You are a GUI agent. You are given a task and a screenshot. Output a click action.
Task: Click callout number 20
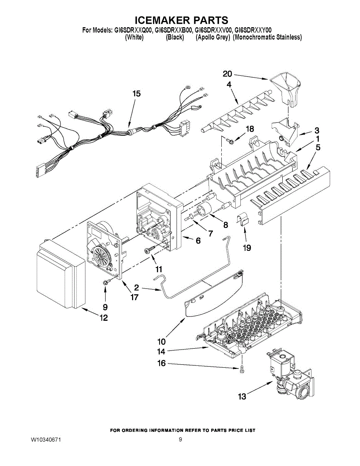tap(227, 74)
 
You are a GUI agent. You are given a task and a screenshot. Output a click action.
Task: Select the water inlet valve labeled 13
tap(289, 375)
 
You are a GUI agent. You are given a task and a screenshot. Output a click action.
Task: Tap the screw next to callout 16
tap(242, 369)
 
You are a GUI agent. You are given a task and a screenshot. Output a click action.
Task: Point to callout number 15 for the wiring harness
tap(136, 94)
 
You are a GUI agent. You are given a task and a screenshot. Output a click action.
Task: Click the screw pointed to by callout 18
tap(230, 140)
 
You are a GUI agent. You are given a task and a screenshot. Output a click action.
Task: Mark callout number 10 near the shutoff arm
tap(161, 342)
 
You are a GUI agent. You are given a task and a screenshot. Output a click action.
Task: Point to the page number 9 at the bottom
tap(180, 440)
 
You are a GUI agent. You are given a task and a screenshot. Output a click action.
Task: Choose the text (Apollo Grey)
tap(213, 37)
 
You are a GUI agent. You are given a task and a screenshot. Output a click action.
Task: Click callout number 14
tap(161, 352)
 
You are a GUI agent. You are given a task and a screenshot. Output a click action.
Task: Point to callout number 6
tap(198, 241)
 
